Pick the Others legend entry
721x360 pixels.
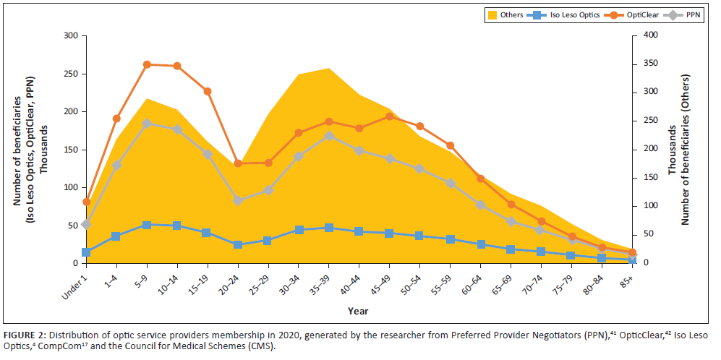pyautogui.click(x=506, y=14)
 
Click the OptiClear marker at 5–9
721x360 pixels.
pyautogui.click(x=147, y=64)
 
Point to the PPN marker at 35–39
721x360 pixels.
pyautogui.click(x=329, y=136)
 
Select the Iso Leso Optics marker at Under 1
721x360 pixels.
pyautogui.click(x=86, y=252)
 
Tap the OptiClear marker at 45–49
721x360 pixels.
pyautogui.click(x=390, y=116)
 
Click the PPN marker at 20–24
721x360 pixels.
pyautogui.click(x=238, y=200)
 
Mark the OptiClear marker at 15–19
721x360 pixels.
pyautogui.click(x=208, y=91)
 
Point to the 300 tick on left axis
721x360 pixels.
pyautogui.click(x=69, y=35)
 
